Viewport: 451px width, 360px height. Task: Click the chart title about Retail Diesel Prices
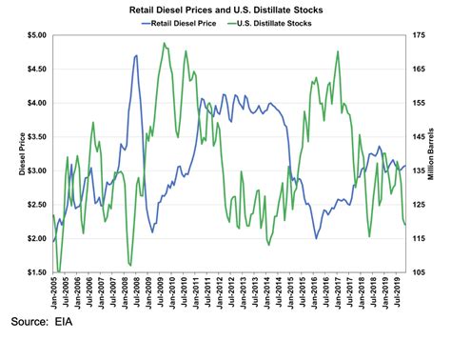[225, 9]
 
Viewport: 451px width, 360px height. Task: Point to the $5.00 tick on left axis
[34, 35]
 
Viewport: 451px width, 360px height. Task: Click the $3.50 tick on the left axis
[34, 137]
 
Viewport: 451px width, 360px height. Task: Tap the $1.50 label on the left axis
[34, 272]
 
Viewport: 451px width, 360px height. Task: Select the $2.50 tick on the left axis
[34, 205]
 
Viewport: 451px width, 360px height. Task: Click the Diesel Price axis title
[10, 154]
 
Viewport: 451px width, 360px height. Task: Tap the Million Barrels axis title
[440, 154]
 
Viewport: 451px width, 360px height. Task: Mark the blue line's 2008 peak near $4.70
[136, 55]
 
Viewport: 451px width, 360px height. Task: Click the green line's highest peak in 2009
[165, 43]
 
